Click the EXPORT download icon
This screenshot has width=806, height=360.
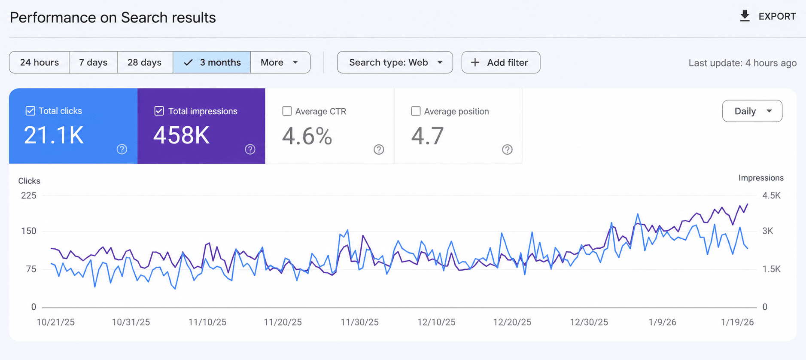click(745, 16)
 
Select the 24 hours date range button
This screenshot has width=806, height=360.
click(39, 62)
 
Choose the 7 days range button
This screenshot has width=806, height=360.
click(93, 62)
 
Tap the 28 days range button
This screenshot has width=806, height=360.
click(145, 62)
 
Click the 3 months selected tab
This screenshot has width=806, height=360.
click(212, 62)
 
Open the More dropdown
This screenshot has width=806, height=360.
click(280, 62)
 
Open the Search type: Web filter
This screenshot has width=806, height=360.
click(395, 62)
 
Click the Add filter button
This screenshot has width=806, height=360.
click(501, 62)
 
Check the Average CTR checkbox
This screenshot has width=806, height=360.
click(287, 111)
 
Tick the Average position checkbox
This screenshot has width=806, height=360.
click(416, 111)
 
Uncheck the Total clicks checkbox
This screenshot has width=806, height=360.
click(30, 110)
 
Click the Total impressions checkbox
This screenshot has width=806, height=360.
click(159, 111)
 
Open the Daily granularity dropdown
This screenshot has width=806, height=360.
click(752, 111)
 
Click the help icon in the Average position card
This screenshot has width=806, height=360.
click(507, 149)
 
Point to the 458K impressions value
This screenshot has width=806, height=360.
click(181, 135)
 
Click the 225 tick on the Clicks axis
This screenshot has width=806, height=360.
click(29, 195)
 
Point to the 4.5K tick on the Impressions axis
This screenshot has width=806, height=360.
click(771, 195)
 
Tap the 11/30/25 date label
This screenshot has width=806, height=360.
click(359, 322)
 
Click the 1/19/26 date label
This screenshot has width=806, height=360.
click(737, 322)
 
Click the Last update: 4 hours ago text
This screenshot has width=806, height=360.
click(742, 63)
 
